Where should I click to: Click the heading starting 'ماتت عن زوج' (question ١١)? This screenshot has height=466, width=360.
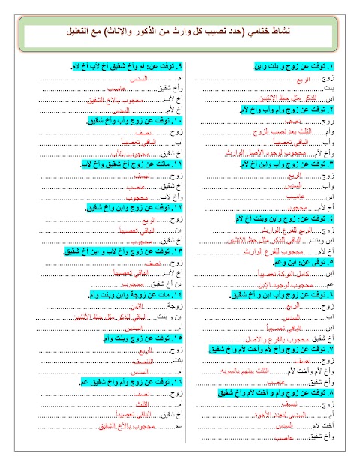tap(124, 163)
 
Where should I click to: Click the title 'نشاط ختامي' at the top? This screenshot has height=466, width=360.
tap(180, 34)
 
